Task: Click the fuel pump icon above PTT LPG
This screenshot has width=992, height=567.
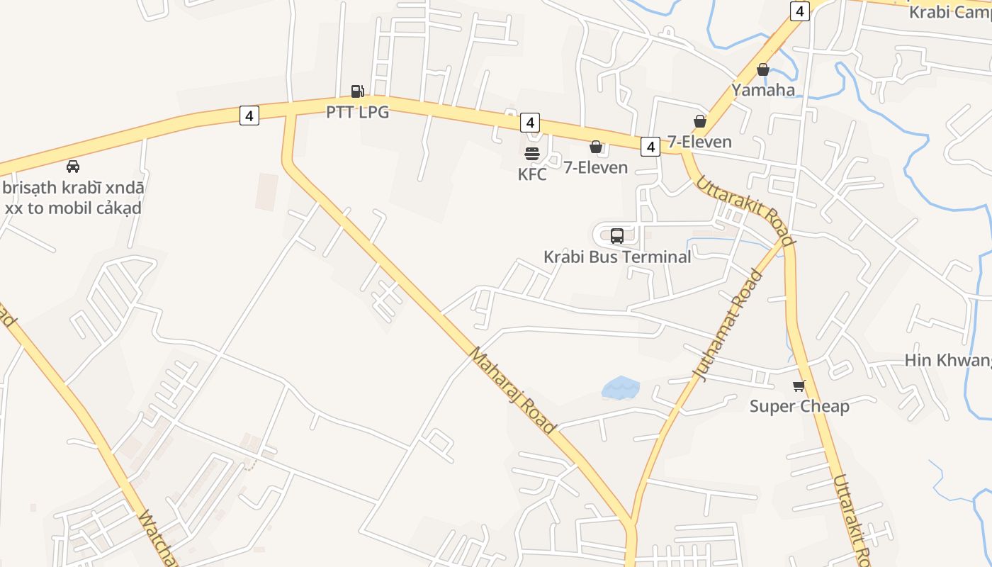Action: (x=357, y=91)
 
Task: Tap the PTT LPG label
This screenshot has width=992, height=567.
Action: (x=357, y=112)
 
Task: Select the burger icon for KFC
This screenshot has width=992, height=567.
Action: (x=532, y=153)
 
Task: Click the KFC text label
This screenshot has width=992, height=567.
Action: (x=532, y=174)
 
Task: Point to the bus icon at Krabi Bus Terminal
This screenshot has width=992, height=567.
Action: (x=616, y=236)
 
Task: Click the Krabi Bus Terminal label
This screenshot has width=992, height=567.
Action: (x=616, y=257)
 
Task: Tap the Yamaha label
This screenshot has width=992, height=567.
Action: (x=763, y=90)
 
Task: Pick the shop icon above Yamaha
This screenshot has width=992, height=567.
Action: (x=763, y=69)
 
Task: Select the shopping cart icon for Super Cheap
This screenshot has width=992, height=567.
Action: (x=799, y=386)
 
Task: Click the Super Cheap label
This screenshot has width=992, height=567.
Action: (x=799, y=407)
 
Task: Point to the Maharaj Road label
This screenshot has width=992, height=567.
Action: (x=511, y=390)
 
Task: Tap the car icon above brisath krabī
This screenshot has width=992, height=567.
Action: (x=72, y=167)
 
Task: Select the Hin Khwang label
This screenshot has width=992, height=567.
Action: (x=948, y=360)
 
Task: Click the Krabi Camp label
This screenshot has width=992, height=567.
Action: (x=949, y=12)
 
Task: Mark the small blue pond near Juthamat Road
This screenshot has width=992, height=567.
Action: (x=621, y=388)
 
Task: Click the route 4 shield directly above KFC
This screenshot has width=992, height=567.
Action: (x=529, y=123)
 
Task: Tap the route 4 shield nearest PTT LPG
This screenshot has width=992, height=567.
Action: (x=249, y=115)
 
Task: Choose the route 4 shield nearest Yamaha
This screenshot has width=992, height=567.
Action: (x=799, y=11)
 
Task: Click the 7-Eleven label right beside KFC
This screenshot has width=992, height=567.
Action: (x=596, y=168)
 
